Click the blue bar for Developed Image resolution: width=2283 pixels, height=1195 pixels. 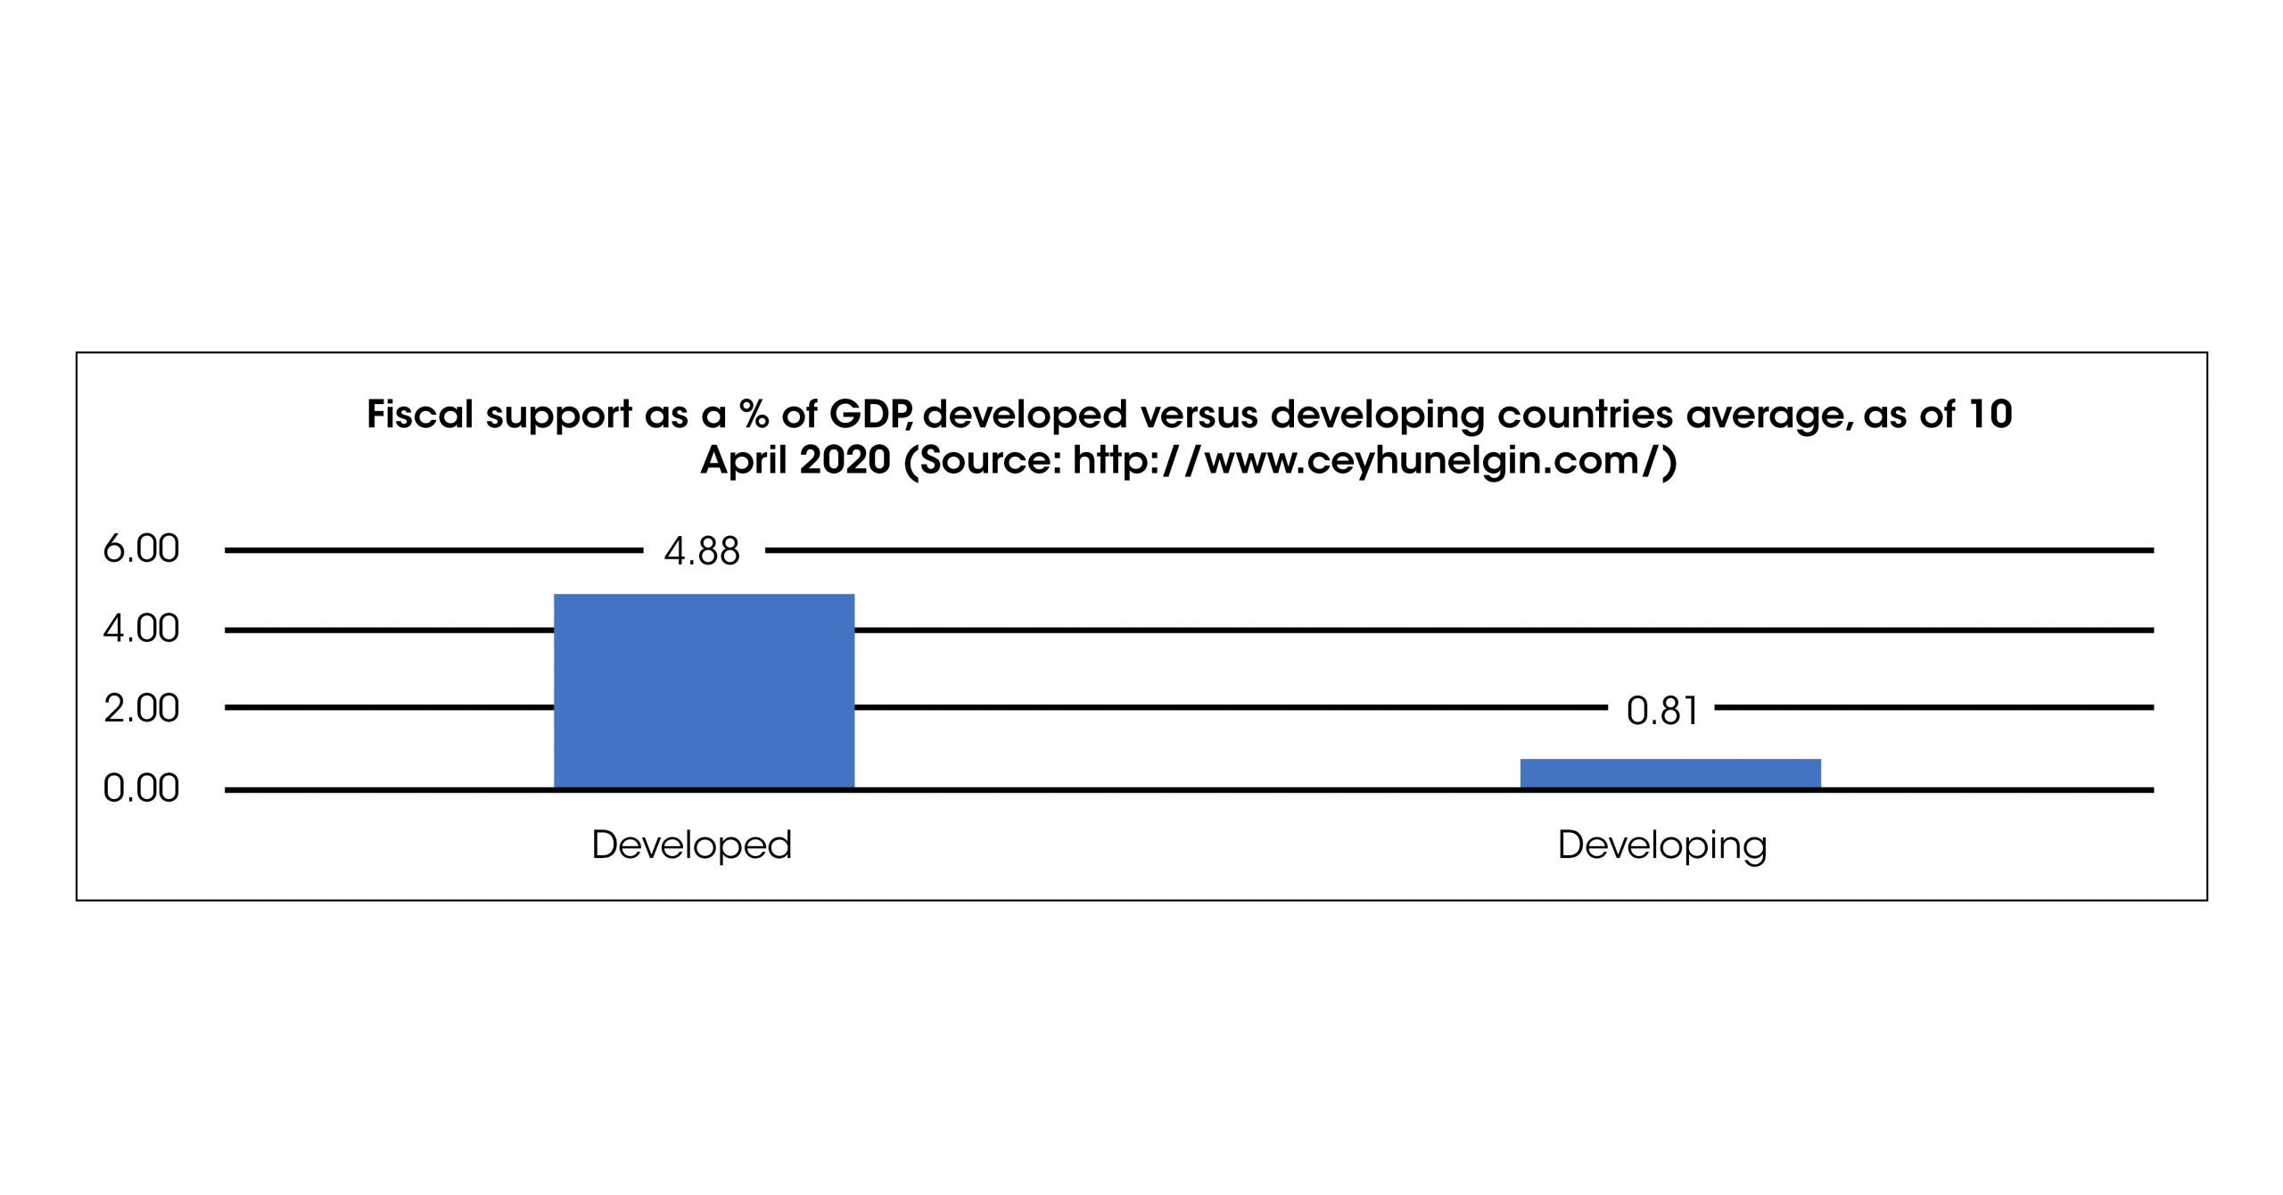(704, 691)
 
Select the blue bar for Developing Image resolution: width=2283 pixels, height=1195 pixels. (1670, 773)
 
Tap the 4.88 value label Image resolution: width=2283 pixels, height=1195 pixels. (702, 552)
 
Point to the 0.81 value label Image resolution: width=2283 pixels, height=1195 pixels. (1661, 712)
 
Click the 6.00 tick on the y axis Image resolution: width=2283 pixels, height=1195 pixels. (141, 549)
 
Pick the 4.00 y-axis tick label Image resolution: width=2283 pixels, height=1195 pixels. (141, 630)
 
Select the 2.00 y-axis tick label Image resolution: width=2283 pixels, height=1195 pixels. (141, 709)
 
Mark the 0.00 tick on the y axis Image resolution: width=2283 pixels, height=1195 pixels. (141, 789)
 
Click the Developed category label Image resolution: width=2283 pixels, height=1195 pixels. (691, 845)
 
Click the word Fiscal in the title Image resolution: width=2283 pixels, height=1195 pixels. (419, 415)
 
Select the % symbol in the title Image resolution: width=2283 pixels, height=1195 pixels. (754, 415)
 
